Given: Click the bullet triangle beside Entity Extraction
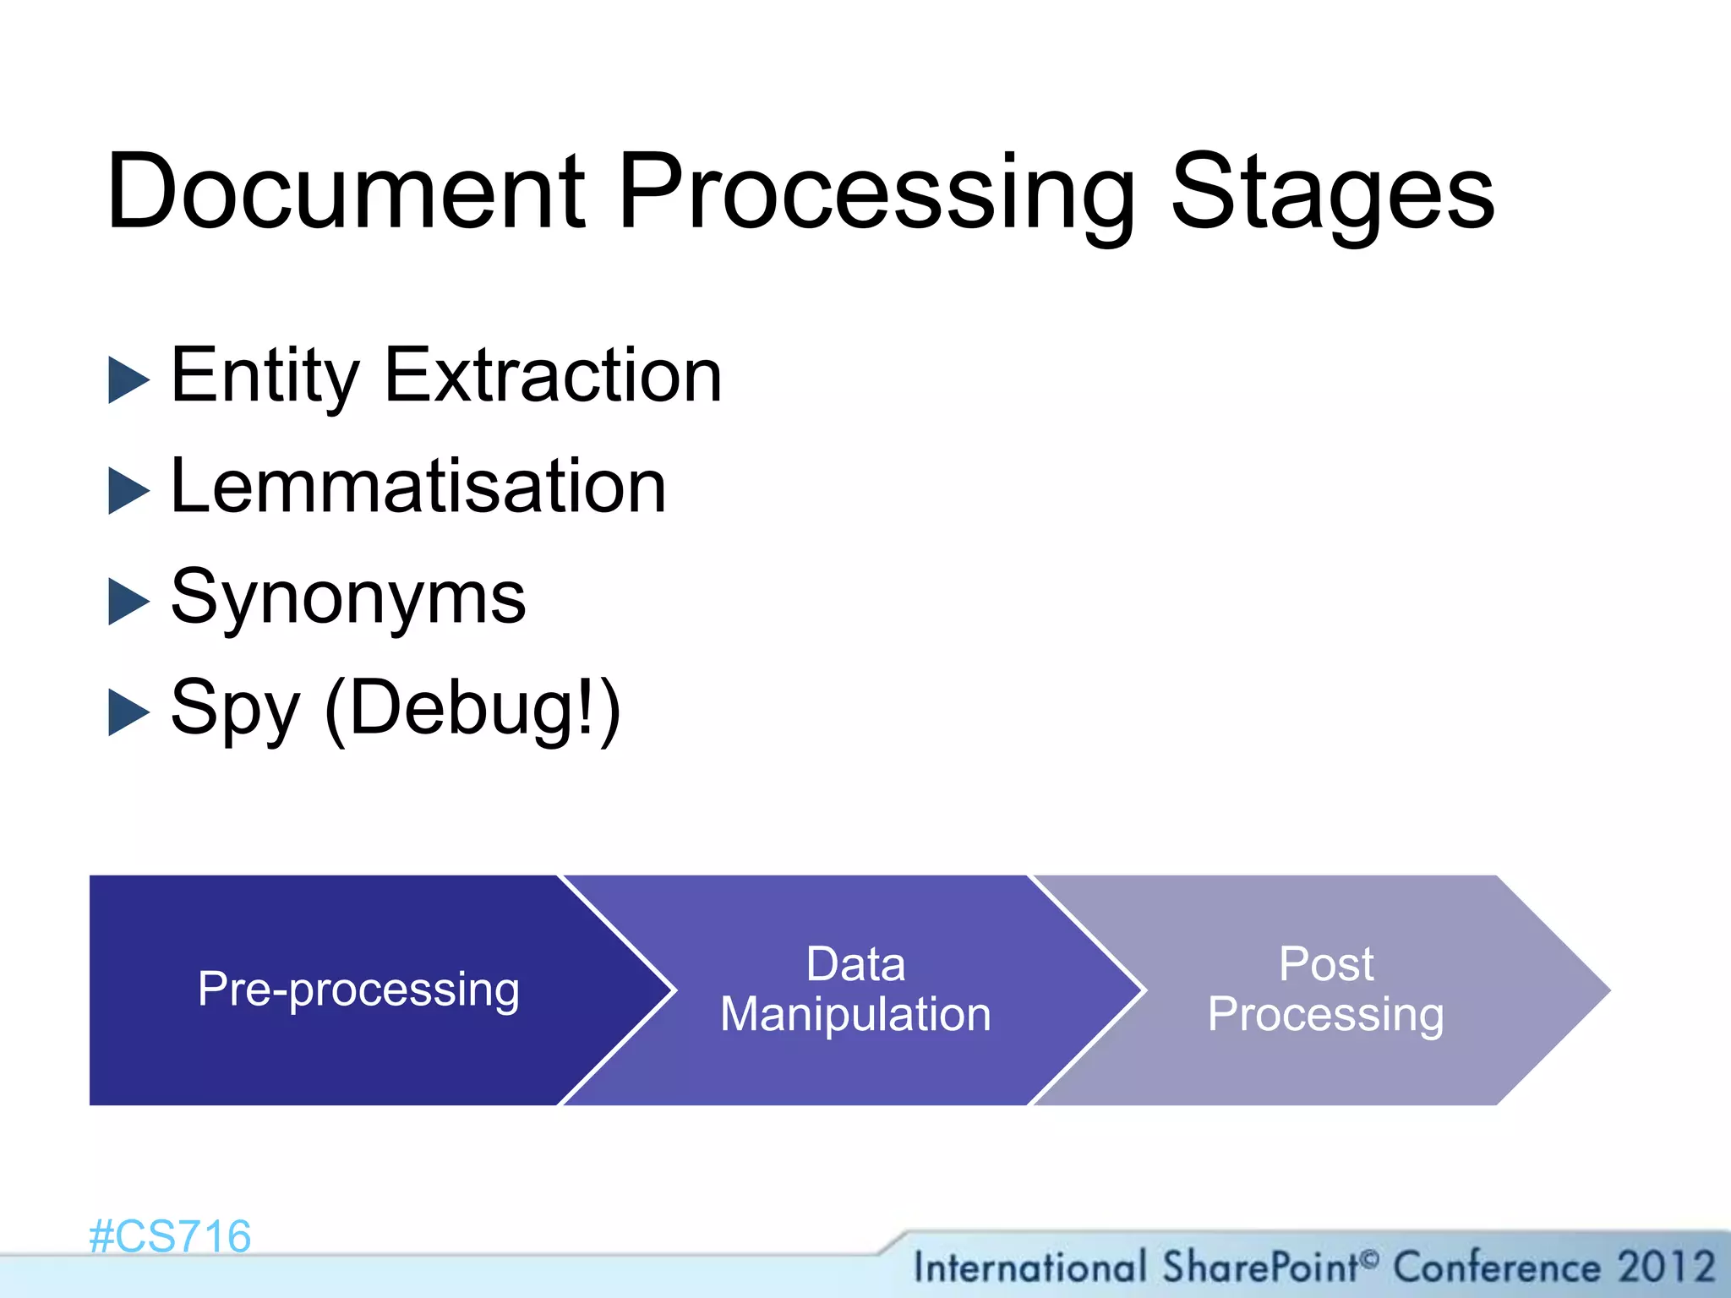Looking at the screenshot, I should pyautogui.click(x=128, y=379).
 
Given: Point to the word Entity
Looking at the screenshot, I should pyautogui.click(x=265, y=378).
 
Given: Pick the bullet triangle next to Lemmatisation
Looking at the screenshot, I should pyautogui.click(x=128, y=491).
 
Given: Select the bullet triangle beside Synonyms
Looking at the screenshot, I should pyautogui.click(x=128, y=602).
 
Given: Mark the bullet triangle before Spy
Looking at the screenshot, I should pyautogui.click(x=128, y=712).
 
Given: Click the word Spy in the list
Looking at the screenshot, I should pyautogui.click(x=235, y=711).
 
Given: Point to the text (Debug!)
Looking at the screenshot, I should pyautogui.click(x=472, y=709).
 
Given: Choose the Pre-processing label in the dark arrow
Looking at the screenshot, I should pyautogui.click(x=358, y=990).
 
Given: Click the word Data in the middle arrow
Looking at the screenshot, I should pyautogui.click(x=855, y=964).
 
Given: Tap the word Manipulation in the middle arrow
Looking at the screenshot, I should pyautogui.click(x=855, y=1014).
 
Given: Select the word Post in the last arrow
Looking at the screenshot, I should pyautogui.click(x=1325, y=964).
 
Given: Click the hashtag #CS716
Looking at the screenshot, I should pyautogui.click(x=170, y=1237).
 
